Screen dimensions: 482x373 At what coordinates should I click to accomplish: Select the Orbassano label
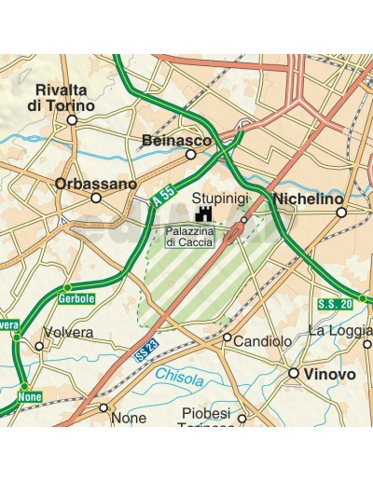[95, 183]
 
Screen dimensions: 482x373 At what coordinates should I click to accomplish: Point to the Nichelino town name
[308, 198]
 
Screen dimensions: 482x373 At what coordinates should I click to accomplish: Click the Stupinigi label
[219, 198]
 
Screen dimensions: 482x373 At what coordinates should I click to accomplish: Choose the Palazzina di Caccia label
[189, 236]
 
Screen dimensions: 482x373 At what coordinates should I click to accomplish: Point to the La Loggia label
[340, 330]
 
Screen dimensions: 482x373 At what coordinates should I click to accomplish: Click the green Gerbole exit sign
[75, 297]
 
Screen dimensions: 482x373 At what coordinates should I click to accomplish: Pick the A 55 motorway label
[162, 196]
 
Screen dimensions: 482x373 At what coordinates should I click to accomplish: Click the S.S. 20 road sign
[334, 303]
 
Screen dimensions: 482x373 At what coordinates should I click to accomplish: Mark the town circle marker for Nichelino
[341, 213]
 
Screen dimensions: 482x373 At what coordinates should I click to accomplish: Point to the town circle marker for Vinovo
[294, 373]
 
